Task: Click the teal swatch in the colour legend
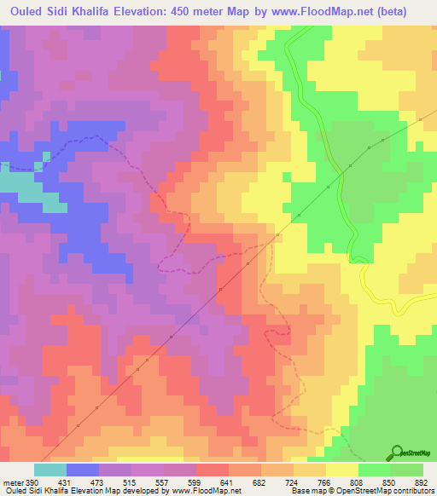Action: click(x=50, y=470)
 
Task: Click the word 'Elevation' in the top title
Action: click(x=152, y=11)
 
